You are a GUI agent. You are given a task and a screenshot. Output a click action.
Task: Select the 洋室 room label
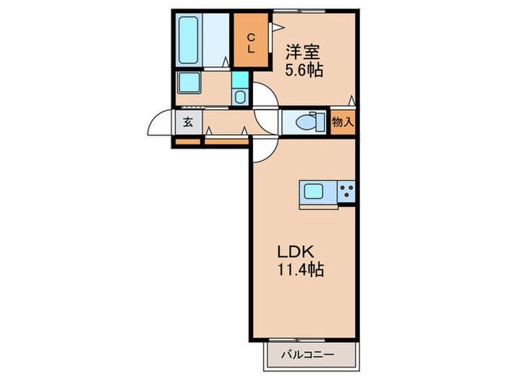click(301, 52)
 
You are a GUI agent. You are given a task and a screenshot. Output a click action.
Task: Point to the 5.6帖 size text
click(304, 71)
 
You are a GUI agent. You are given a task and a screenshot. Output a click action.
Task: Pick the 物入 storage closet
click(343, 122)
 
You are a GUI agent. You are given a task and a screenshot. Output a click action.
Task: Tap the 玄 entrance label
click(187, 122)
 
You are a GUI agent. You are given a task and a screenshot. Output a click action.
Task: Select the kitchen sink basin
click(315, 192)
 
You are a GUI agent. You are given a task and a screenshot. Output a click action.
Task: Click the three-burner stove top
click(346, 192)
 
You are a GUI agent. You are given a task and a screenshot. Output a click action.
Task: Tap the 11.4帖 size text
click(300, 271)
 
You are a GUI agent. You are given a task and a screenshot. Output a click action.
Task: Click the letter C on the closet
click(250, 37)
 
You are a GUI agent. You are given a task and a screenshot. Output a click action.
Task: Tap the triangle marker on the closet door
click(275, 27)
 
